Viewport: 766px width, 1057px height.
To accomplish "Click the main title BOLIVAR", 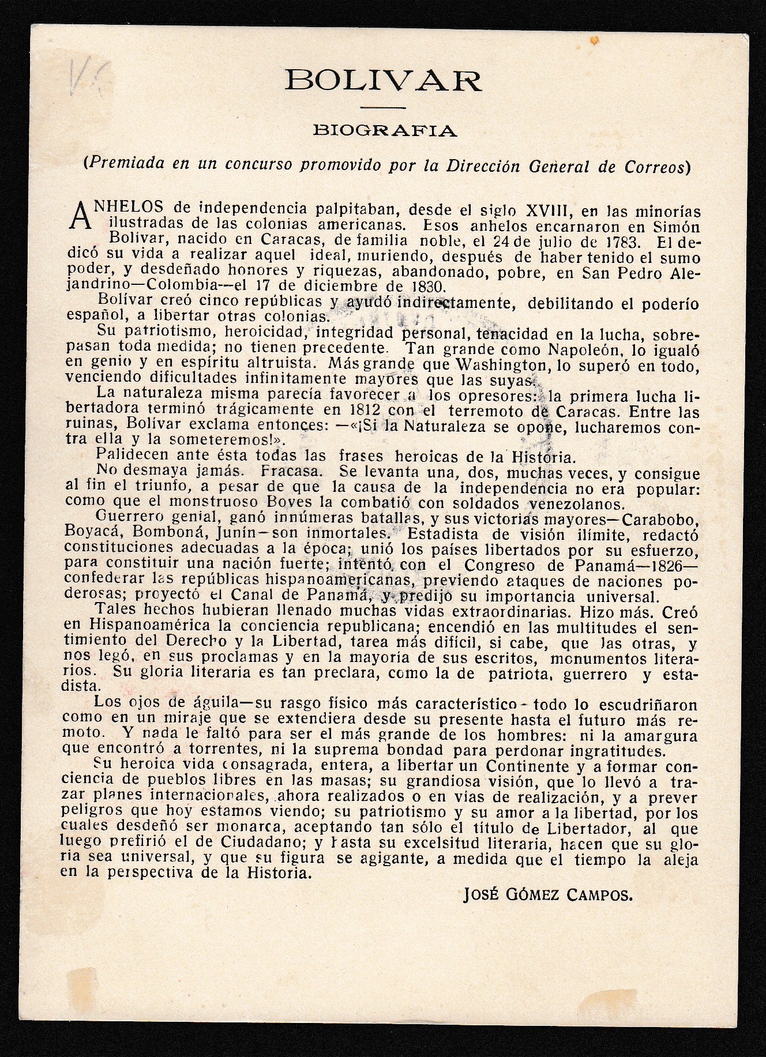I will pyautogui.click(x=383, y=80).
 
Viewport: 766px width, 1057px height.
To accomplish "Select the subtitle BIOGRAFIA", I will pyautogui.click(x=384, y=131).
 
